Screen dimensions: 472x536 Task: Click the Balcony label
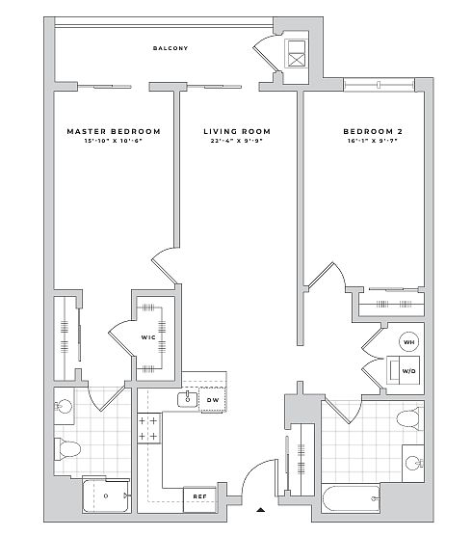170,48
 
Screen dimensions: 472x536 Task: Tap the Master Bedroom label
114,131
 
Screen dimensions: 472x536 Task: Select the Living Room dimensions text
237,140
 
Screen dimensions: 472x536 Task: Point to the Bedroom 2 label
373,131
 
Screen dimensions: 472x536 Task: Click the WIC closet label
148,337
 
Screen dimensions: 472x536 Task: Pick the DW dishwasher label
213,400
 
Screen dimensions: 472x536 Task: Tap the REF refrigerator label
199,496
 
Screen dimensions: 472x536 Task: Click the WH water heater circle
409,342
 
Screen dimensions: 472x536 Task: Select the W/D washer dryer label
408,371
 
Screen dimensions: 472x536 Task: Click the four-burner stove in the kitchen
148,428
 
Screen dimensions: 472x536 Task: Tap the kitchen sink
187,400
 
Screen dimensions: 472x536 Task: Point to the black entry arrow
261,510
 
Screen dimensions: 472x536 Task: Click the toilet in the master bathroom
67,448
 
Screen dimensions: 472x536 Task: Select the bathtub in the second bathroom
351,498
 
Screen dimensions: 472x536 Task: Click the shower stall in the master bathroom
106,496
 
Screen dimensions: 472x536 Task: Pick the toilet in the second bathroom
409,418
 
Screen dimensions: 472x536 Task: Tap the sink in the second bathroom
413,464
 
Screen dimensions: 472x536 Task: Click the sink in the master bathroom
64,407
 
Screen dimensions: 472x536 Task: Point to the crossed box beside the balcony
296,54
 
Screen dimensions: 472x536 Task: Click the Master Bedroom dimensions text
114,140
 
